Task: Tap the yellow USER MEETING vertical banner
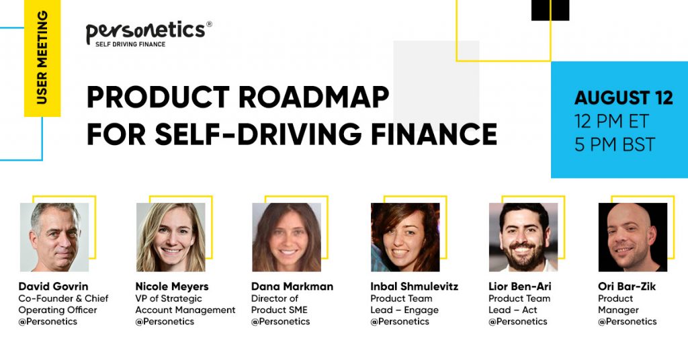coord(42,58)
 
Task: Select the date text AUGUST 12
coord(623,98)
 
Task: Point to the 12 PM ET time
coord(611,122)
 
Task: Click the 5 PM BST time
coord(615,144)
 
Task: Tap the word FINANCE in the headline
coord(434,134)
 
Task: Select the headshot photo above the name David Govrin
coord(54,237)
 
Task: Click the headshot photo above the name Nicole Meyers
coord(171,237)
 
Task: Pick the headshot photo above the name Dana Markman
coord(286,237)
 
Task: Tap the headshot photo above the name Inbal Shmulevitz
coord(405,237)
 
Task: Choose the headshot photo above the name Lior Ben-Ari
coord(523,237)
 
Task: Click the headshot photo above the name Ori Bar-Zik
coord(633,237)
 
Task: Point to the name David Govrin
coord(53,286)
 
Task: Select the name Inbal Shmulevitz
coord(414,286)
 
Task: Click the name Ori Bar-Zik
coord(627,286)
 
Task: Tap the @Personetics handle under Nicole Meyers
coord(165,322)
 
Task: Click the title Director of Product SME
coord(279,304)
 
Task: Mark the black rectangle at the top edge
coord(550,10)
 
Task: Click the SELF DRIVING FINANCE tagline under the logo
coord(130,44)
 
